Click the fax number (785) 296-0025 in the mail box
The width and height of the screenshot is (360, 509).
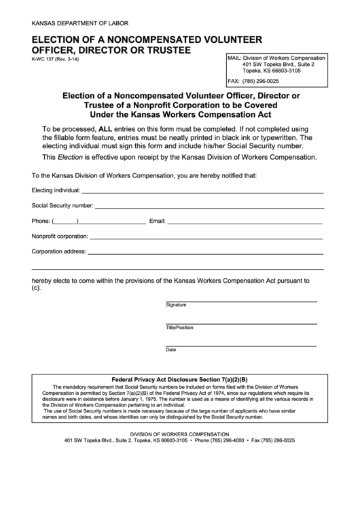[275, 81]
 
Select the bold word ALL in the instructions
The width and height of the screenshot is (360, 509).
[106, 128]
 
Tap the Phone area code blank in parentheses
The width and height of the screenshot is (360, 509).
[65, 222]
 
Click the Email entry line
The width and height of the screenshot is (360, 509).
[245, 222]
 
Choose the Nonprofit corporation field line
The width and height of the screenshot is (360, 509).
[206, 237]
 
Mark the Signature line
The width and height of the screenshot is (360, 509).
[241, 300]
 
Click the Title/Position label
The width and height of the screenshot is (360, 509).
[179, 328]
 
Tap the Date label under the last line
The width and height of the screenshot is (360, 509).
[171, 350]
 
